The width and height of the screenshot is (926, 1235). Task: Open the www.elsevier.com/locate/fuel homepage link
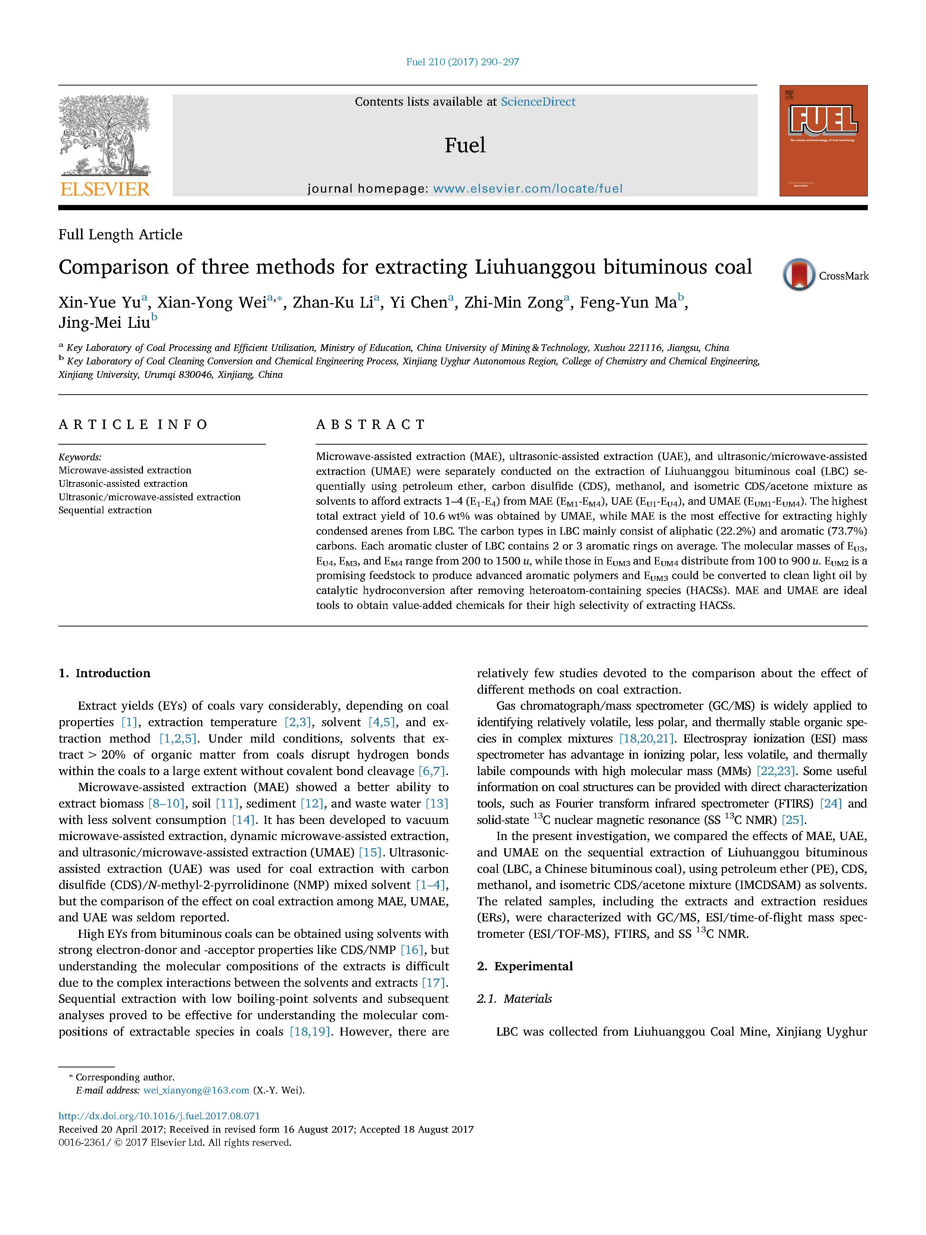coord(527,189)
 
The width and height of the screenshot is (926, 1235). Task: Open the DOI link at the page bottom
coord(159,1116)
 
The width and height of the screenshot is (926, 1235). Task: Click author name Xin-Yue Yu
coord(99,303)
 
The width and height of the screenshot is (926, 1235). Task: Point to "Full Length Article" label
coord(121,234)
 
